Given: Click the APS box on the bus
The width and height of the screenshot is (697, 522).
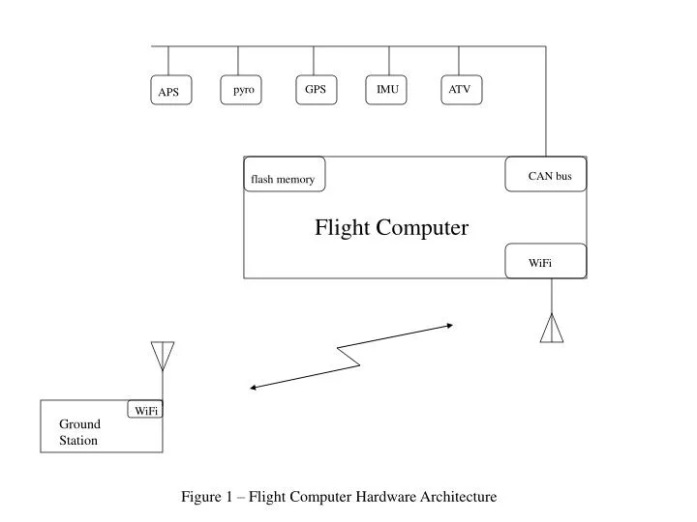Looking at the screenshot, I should point(169,92).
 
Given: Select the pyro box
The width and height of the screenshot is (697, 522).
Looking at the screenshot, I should point(243,90).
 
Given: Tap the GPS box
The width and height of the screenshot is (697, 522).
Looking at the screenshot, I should point(316,90).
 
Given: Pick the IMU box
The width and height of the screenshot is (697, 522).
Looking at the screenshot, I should point(387,90).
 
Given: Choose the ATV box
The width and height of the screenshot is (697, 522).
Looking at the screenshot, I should point(460,90).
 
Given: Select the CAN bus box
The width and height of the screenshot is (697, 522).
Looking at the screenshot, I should point(547,175).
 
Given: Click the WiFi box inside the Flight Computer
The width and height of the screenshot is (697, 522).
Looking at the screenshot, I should point(545,261).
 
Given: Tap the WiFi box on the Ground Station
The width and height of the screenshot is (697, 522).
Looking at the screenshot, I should point(146,410).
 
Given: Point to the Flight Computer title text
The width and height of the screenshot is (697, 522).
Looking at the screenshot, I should point(391,228).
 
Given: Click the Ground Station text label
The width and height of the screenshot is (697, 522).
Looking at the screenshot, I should point(79,432).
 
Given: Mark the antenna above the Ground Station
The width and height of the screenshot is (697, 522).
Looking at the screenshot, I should point(163,355).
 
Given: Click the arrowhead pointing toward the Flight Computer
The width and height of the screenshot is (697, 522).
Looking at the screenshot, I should point(448,326).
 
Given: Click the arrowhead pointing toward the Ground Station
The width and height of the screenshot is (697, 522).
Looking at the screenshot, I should point(254,388).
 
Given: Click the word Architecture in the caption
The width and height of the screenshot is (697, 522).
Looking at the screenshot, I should point(458,497).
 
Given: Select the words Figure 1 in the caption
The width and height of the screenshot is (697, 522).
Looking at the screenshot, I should point(207,497).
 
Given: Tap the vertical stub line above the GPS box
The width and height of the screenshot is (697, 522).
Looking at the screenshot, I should point(314,61).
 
